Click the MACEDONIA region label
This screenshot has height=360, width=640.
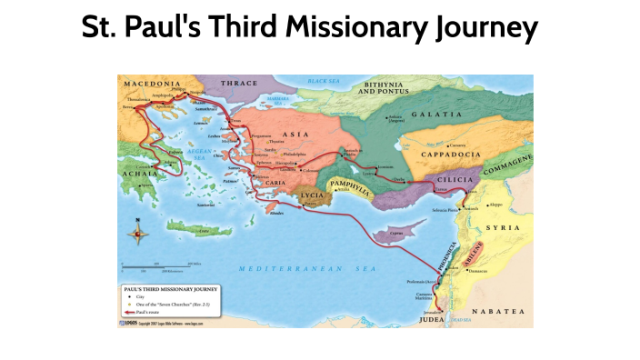(x=150, y=83)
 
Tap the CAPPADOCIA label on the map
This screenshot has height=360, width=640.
(x=450, y=155)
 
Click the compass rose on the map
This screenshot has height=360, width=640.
(x=138, y=235)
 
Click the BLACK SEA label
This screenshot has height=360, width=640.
(x=322, y=81)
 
